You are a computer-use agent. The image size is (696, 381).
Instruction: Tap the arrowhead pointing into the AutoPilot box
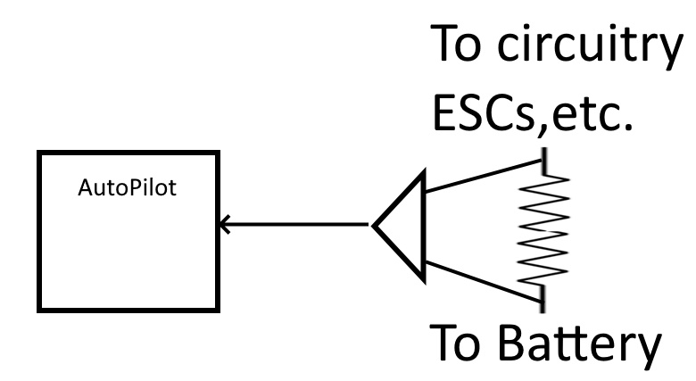223,224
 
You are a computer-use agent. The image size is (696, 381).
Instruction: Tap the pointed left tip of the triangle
375,224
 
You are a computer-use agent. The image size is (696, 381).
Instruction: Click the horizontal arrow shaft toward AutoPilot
294,224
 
